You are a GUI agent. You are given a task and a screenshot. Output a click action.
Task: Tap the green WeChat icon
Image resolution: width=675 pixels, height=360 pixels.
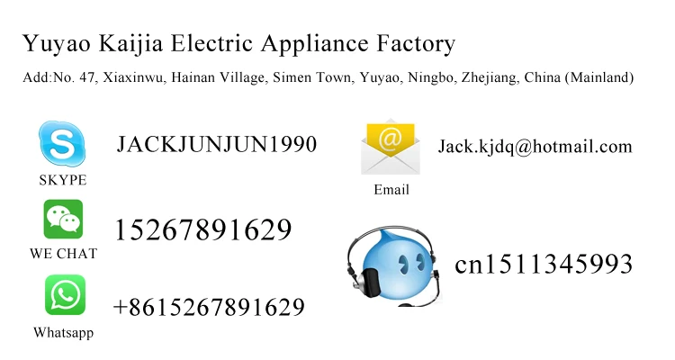coord(63,219)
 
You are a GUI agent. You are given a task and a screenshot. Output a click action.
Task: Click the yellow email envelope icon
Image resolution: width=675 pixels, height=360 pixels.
coord(390,147)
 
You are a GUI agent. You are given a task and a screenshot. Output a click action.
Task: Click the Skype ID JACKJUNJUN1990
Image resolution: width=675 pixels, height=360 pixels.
coord(216,144)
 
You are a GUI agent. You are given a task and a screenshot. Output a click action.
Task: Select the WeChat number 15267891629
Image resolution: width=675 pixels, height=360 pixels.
coord(202,230)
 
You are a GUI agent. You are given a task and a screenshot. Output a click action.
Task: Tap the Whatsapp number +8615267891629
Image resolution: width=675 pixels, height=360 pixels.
coord(208,308)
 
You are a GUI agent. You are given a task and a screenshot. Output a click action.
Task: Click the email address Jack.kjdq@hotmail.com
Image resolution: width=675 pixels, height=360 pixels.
coord(535,147)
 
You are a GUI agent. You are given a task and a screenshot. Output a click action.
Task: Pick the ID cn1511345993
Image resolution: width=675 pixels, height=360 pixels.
coord(544,265)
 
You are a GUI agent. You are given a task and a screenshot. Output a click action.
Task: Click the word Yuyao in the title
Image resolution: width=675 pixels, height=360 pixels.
coord(49,44)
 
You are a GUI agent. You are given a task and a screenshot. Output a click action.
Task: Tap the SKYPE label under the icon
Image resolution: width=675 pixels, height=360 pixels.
coord(62,181)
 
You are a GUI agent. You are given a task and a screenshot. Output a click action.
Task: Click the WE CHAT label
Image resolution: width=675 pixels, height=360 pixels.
coord(63,254)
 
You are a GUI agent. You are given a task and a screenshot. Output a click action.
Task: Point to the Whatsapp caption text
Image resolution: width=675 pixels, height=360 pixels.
coord(63,333)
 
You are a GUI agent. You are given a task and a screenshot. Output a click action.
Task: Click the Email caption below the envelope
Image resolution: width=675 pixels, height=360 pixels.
coord(391,190)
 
